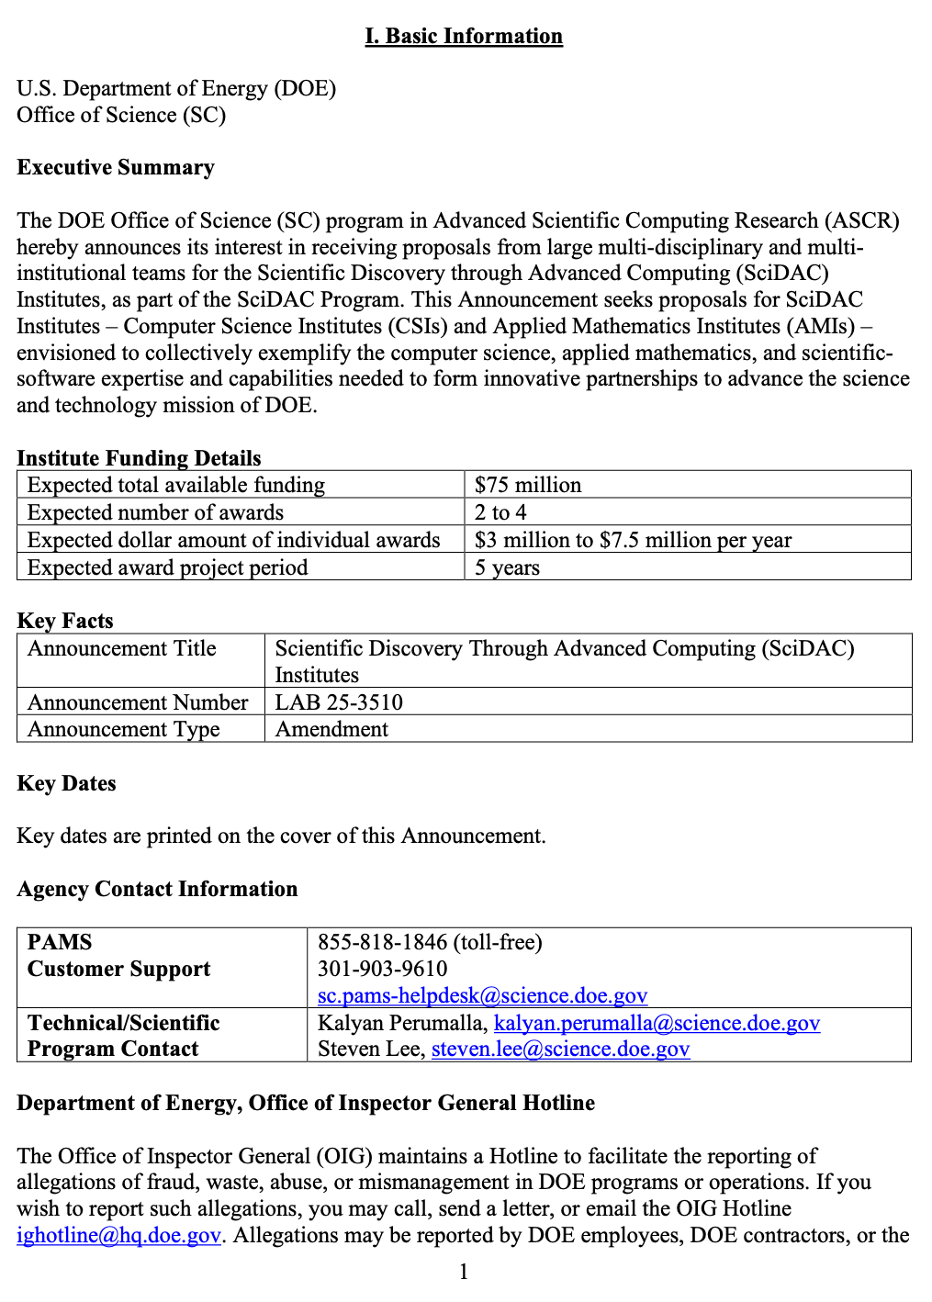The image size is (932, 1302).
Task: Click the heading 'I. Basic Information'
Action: tap(464, 36)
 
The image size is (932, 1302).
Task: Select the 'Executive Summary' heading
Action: tap(116, 167)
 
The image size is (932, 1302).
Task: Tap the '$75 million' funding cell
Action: tap(528, 485)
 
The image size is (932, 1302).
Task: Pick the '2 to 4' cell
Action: tap(500, 512)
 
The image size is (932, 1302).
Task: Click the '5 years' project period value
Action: tap(507, 567)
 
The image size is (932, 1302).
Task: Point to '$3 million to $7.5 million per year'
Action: tap(633, 540)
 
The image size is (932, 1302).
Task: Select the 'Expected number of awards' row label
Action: tap(155, 512)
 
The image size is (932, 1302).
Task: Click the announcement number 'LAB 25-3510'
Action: tap(339, 702)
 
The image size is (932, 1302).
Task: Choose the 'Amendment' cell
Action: tap(331, 729)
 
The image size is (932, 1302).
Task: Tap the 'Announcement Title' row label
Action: tap(121, 648)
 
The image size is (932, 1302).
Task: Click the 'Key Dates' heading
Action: tap(66, 783)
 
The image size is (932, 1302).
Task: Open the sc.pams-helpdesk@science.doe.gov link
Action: tap(482, 995)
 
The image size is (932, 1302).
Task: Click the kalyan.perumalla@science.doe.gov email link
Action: tap(657, 1023)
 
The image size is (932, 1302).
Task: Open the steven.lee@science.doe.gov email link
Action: tap(560, 1049)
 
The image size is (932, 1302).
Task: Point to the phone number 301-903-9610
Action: tap(382, 969)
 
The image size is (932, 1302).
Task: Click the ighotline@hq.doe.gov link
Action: tap(118, 1235)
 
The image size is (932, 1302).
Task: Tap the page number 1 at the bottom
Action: tap(464, 1272)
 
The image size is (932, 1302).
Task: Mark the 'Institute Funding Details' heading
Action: tap(139, 458)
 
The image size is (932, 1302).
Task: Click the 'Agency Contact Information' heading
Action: tap(157, 889)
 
